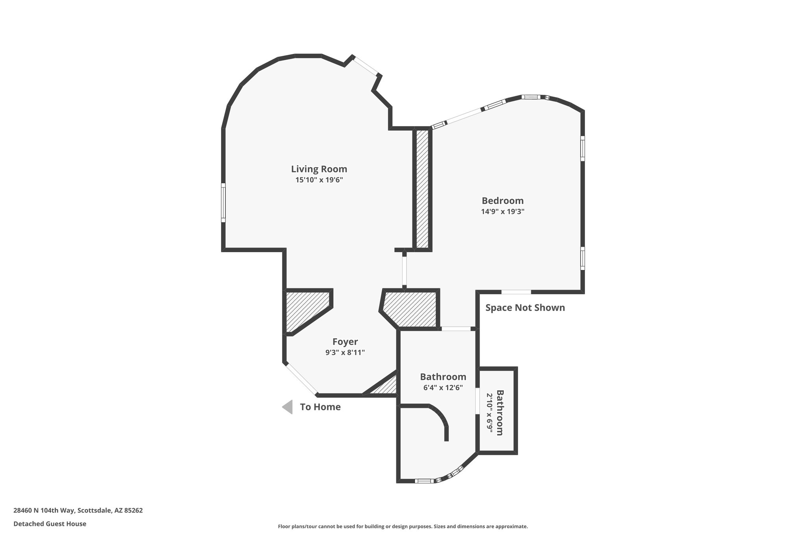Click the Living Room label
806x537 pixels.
pos(319,169)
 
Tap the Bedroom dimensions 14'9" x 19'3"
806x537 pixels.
pos(503,211)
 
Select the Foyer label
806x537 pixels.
pos(345,342)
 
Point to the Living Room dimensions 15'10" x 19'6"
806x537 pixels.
pos(319,180)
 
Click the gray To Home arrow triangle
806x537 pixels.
pos(288,407)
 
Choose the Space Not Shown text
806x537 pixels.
pos(525,308)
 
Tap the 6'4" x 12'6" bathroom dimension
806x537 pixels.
pos(443,388)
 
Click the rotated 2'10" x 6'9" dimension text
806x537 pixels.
pos(490,413)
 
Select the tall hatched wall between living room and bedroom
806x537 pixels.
pos(422,189)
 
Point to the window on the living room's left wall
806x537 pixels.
pos(223,203)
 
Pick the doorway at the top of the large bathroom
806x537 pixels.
pos(456,328)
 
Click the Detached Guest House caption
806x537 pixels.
pos(50,524)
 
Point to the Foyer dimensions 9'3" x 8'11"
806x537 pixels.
pos(345,352)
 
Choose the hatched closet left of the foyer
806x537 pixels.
pos(305,309)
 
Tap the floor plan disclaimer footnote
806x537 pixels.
pos(403,526)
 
